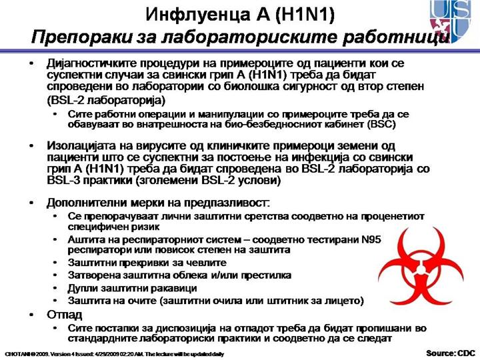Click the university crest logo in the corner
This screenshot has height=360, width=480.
click(x=455, y=21)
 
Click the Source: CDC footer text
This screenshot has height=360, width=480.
click(x=451, y=352)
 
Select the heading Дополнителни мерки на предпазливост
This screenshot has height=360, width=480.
click(x=157, y=201)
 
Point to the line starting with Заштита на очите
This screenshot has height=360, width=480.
click(x=215, y=301)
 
